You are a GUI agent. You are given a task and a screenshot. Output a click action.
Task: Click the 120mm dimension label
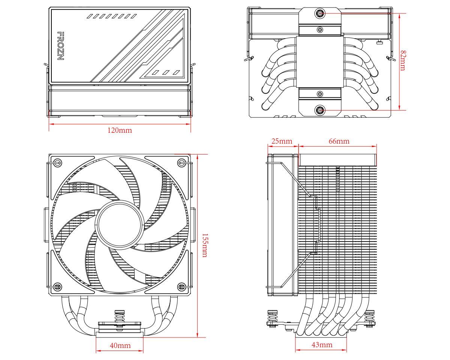[x=120, y=130]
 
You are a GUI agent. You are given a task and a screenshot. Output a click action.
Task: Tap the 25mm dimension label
[x=282, y=141]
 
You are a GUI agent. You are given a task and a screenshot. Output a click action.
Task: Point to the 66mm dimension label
[x=339, y=141]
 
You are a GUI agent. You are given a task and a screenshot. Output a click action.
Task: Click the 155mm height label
[x=204, y=245]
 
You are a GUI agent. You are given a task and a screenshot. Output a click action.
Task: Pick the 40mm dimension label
[x=120, y=345]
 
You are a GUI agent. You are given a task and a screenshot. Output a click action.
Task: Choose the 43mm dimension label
[x=321, y=344]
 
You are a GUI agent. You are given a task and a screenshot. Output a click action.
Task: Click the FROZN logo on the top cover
[x=60, y=46]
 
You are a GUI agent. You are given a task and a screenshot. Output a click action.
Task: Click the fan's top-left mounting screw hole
[x=57, y=163]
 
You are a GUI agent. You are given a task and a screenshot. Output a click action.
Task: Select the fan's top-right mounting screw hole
[x=182, y=163]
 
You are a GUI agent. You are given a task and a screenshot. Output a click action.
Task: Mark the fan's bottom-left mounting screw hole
[x=57, y=287]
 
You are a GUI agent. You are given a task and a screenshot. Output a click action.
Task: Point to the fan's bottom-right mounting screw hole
[x=182, y=287]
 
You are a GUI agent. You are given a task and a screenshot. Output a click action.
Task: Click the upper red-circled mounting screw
[x=320, y=13]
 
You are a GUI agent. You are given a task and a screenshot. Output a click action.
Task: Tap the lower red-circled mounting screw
[x=320, y=110]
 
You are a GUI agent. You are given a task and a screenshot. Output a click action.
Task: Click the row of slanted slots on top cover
[x=111, y=16]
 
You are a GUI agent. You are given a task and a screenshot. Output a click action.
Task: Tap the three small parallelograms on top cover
[x=165, y=72]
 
